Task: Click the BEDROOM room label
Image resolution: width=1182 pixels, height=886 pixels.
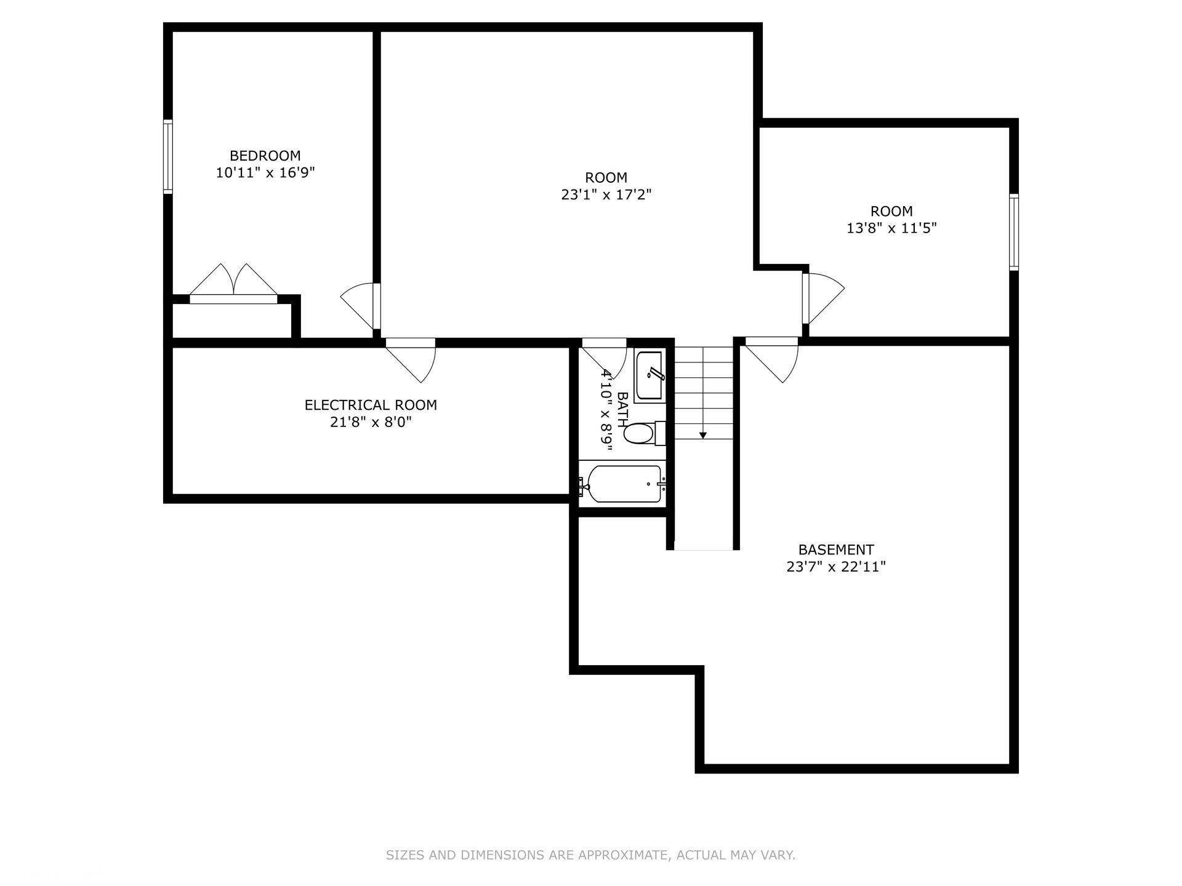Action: point(265,156)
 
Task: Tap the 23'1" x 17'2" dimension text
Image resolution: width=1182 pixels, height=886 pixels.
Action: point(606,195)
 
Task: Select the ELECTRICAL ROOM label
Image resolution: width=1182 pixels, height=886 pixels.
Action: point(371,405)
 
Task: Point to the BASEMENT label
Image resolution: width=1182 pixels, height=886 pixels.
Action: point(835,549)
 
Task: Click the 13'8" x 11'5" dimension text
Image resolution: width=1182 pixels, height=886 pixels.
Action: point(891,228)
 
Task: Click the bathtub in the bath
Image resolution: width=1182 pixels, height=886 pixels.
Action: point(623,484)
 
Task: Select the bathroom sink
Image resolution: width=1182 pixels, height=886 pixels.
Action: point(649,376)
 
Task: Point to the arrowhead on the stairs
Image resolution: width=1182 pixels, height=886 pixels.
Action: point(703,435)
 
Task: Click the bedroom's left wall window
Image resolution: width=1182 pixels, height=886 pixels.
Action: point(167,156)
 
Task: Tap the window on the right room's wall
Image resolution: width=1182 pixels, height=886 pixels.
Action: point(1013,232)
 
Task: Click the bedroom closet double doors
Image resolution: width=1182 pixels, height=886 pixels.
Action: point(233,284)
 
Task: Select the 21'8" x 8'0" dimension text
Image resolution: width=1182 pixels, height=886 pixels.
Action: point(371,422)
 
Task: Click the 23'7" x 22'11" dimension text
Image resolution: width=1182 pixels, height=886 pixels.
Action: point(835,567)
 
